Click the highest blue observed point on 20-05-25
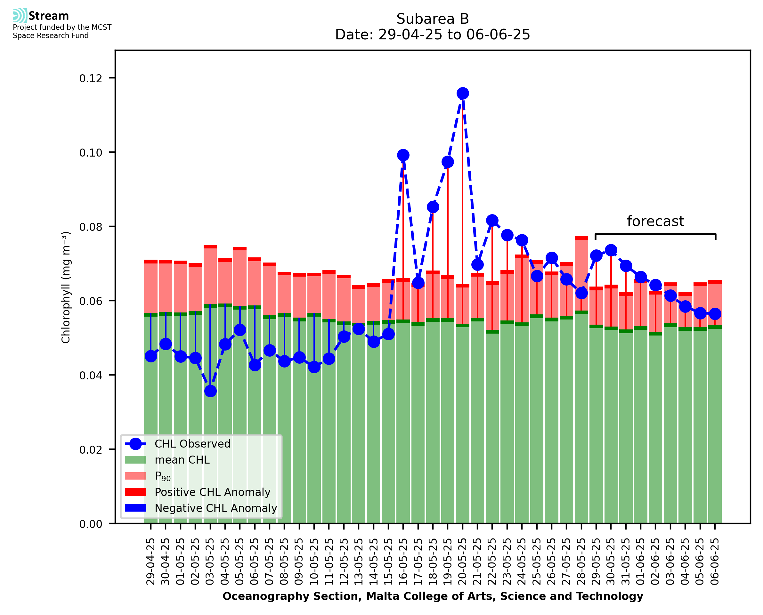(462, 93)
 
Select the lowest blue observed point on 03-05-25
(210, 391)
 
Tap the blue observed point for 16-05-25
(403, 155)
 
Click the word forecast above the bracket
(655, 222)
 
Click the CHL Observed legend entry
(192, 444)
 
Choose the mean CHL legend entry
(182, 460)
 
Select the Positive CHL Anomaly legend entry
(213, 492)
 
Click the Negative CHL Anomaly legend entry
(216, 508)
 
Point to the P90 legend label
(163, 476)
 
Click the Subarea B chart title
(433, 19)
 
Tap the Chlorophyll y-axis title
(66, 287)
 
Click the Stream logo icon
(20, 16)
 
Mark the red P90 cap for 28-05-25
(581, 238)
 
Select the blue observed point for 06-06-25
(715, 314)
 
